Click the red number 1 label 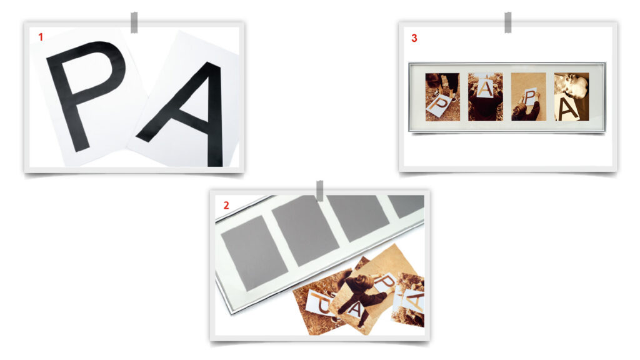41,37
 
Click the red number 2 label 226,205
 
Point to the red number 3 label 414,38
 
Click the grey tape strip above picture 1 134,22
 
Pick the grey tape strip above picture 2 320,191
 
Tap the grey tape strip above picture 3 507,22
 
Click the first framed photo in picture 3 442,97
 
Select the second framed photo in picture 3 485,97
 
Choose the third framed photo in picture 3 529,97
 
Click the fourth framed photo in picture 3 571,97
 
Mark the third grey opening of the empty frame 358,217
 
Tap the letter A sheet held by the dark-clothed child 354,309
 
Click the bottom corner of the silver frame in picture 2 232,314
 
